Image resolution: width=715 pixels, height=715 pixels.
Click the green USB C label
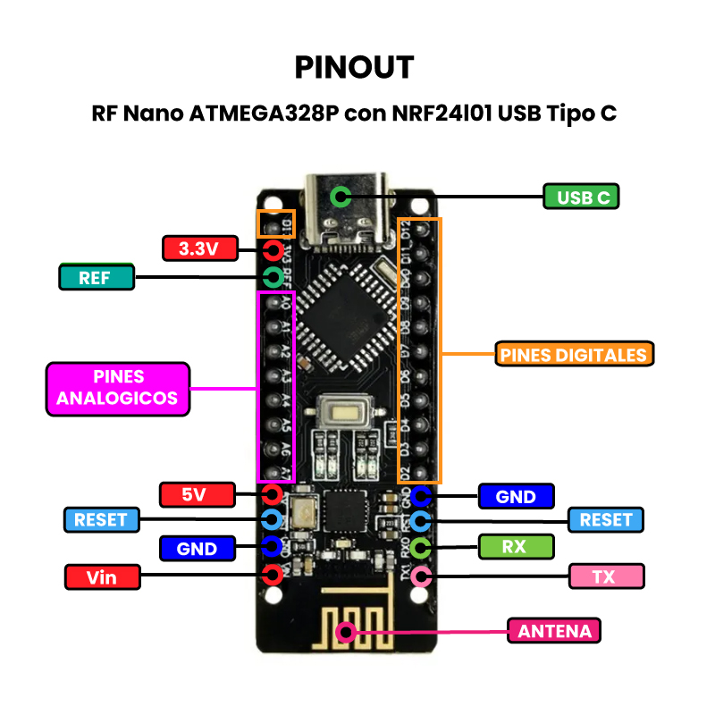click(x=581, y=197)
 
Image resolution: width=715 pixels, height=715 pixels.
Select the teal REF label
click(x=97, y=277)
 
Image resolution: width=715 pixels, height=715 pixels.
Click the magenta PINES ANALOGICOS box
click(x=118, y=389)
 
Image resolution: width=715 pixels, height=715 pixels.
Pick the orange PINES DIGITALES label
click(x=573, y=354)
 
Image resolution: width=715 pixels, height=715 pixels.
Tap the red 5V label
click(x=197, y=493)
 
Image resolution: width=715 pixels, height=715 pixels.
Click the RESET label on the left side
click(x=101, y=519)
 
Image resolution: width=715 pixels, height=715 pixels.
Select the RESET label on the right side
click(x=606, y=519)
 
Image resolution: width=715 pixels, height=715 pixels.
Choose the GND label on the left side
click(x=198, y=548)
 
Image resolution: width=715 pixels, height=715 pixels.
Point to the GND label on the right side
click(x=516, y=496)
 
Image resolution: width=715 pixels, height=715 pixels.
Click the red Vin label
click(x=103, y=576)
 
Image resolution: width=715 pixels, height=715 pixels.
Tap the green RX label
click(x=516, y=546)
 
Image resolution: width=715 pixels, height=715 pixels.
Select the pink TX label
click(x=606, y=576)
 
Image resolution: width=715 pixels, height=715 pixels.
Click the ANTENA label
click(x=554, y=631)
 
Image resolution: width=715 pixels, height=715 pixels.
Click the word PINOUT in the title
click(x=355, y=67)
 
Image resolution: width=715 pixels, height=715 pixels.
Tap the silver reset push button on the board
click(x=342, y=414)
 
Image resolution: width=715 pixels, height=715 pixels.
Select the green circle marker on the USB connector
click(x=340, y=197)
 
